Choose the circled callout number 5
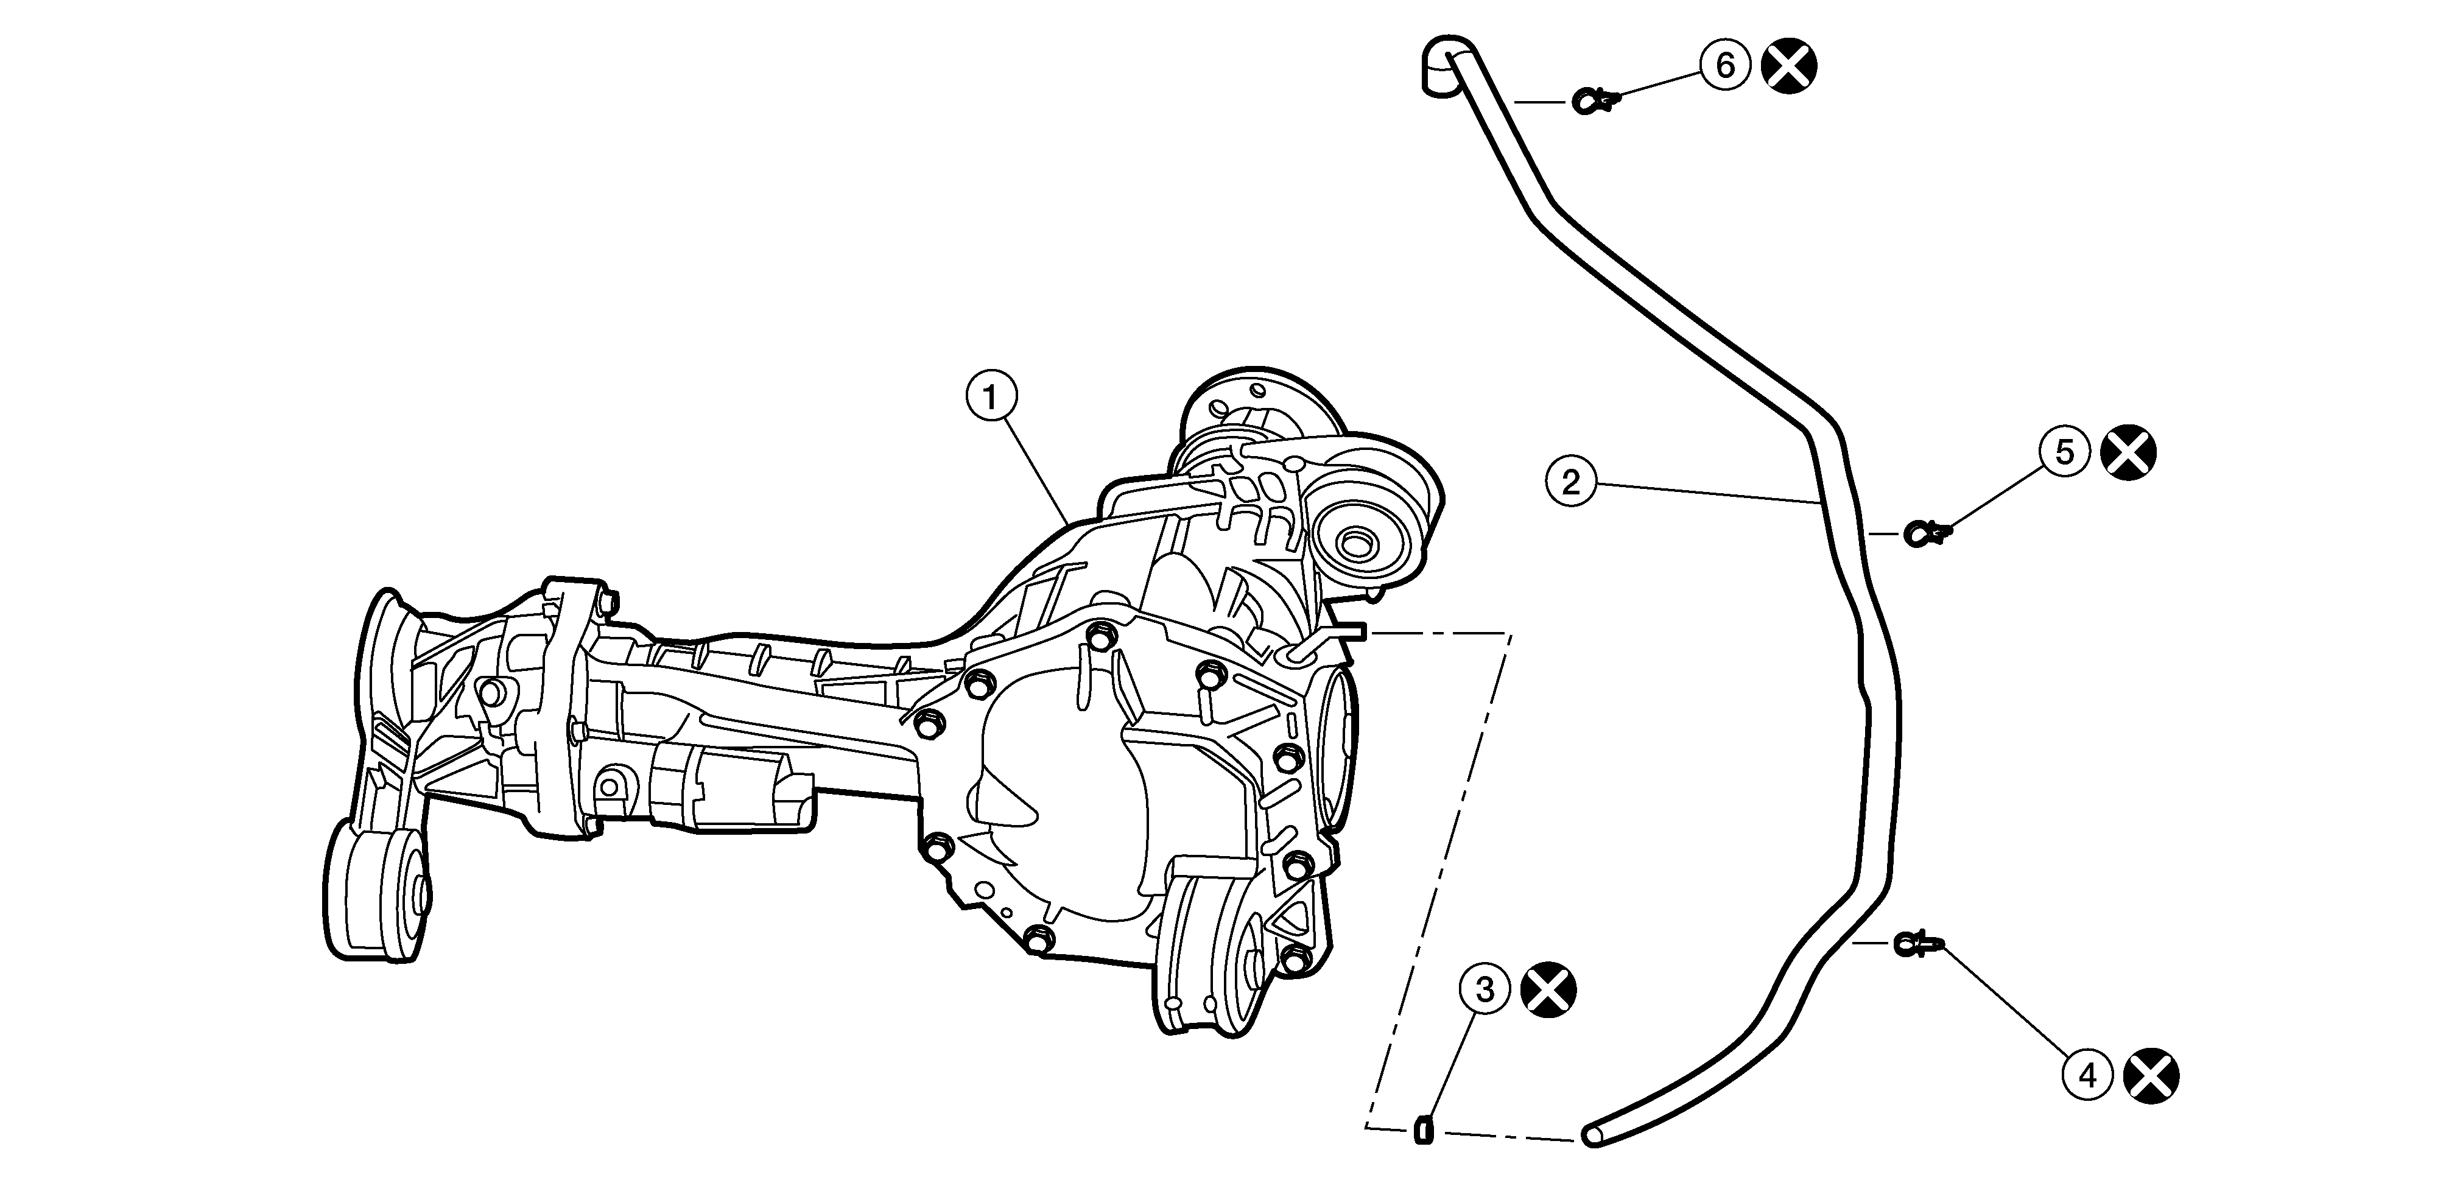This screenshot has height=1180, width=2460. coord(2065,452)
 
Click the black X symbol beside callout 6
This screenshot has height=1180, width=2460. coord(1788,66)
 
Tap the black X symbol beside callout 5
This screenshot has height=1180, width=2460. coord(2129,452)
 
